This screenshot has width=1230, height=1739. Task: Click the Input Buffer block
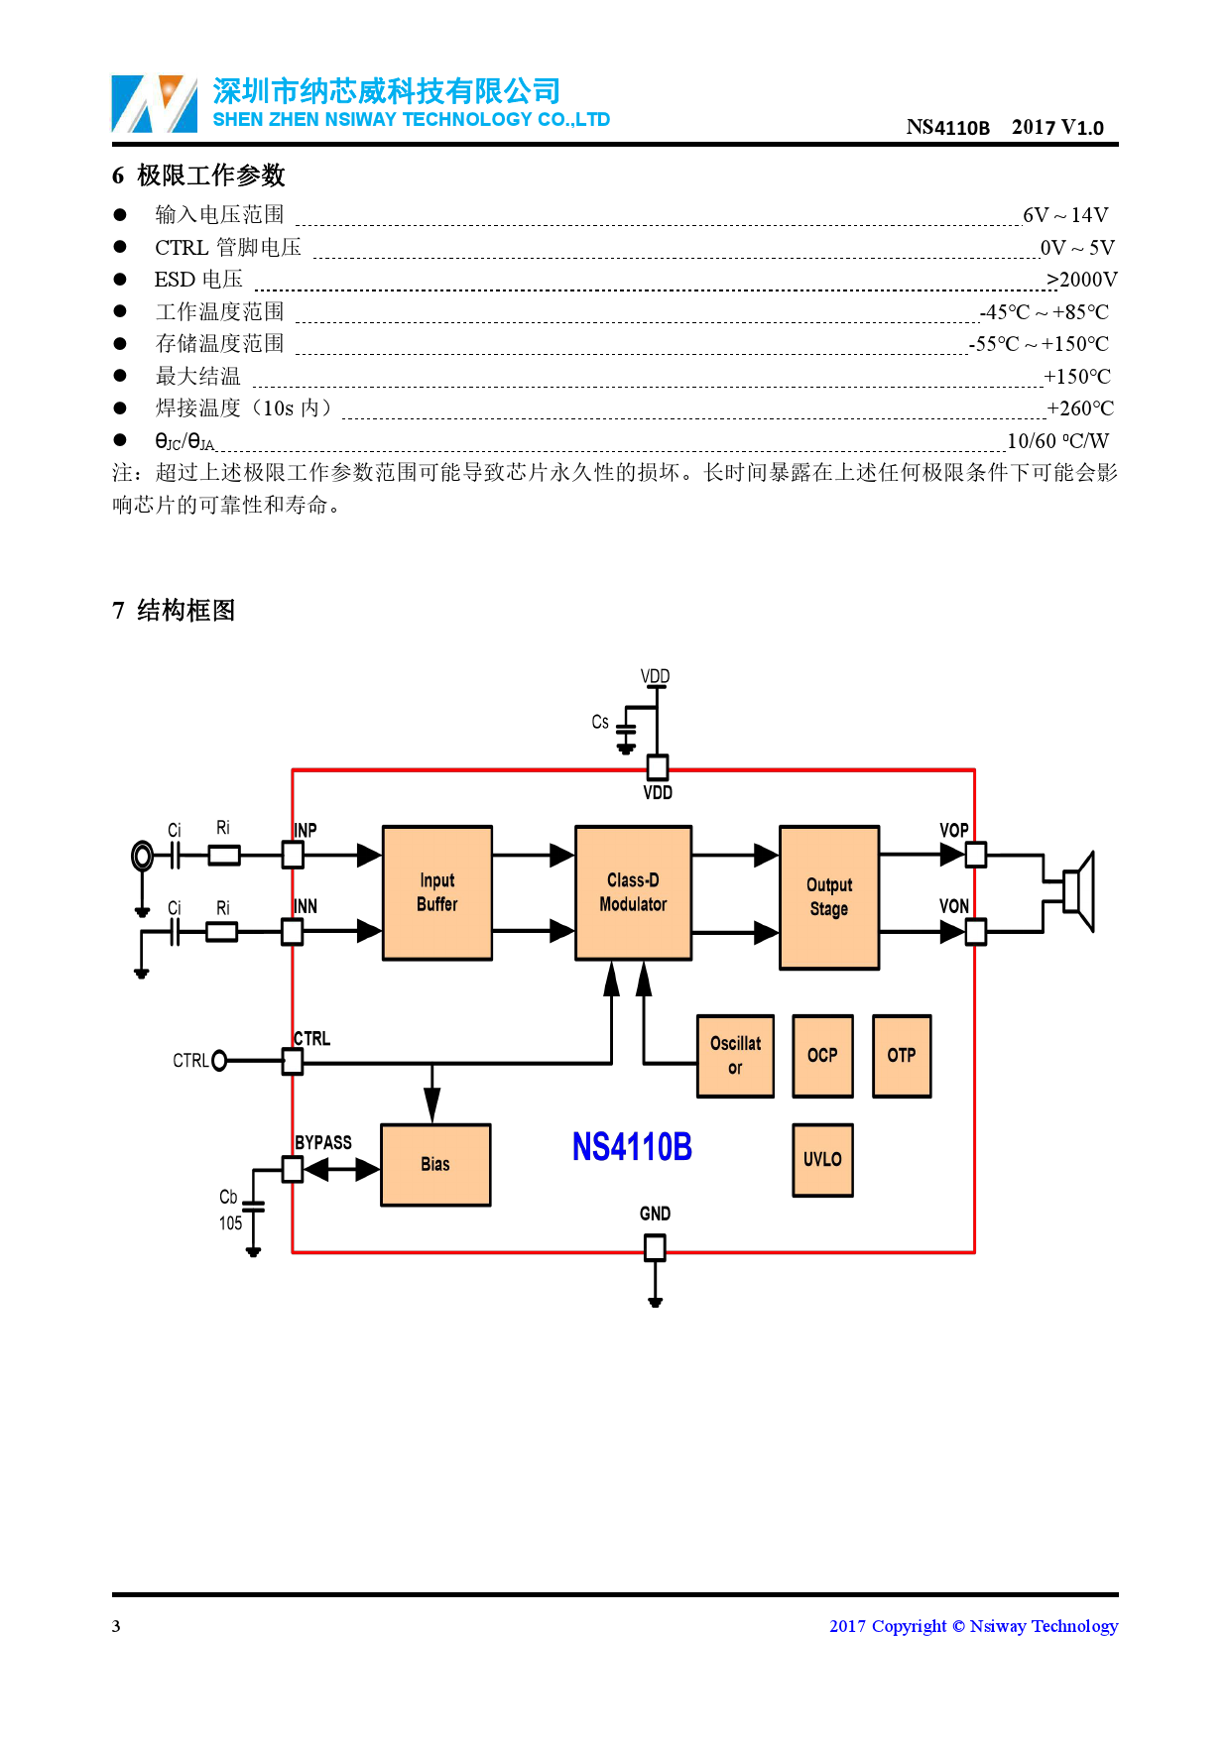coord(436,892)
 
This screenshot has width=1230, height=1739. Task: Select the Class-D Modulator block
coord(633,892)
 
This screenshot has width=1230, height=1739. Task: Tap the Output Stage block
coord(829,897)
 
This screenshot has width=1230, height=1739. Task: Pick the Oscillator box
coord(735,1056)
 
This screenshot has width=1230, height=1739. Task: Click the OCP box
coord(822,1056)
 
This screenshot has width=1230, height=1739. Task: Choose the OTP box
coord(902,1056)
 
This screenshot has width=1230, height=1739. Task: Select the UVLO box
coord(822,1160)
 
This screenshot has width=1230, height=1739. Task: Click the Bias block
coord(435,1165)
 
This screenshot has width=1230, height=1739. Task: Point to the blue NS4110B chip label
coord(632,1147)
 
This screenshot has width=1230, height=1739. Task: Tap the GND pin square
coord(655,1247)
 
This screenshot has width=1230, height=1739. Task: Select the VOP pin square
coord(976,854)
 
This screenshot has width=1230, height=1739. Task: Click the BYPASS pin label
coord(323,1142)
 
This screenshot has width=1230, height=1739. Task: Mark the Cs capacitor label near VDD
coord(600,722)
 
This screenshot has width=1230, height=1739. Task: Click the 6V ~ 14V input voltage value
coord(1065,215)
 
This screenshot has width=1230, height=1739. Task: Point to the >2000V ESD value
coord(1081,280)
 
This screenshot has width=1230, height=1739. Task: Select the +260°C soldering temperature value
coord(1080,408)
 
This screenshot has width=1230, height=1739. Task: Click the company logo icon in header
coord(155,103)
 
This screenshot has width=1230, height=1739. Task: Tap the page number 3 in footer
coord(116,1626)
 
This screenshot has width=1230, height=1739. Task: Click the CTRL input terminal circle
coord(219,1061)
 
